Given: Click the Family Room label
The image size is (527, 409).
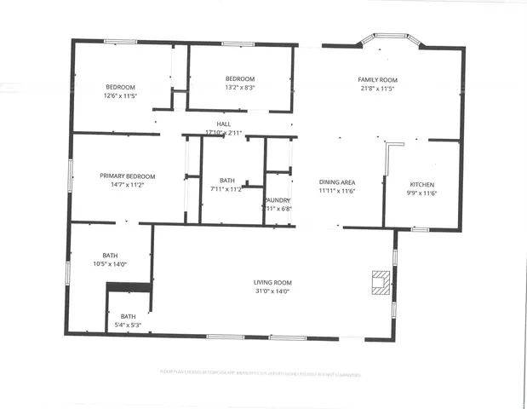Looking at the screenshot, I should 377,79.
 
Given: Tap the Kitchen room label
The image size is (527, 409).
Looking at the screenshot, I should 422,185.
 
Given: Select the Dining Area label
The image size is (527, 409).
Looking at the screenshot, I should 337,182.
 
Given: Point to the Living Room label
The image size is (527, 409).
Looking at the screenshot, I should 272,282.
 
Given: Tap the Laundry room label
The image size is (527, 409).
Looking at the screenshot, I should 278,200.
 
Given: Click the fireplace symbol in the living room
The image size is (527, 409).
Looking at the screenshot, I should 381,281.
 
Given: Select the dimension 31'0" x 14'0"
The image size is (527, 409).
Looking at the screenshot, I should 272,291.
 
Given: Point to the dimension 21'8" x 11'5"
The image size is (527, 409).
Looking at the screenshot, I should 377,88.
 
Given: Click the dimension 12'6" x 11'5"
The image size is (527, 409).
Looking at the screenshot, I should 120,95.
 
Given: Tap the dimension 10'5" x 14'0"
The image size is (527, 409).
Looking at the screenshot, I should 110,264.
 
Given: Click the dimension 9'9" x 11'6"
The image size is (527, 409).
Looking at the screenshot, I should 422,193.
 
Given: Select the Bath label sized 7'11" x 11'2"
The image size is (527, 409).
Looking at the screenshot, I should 226,180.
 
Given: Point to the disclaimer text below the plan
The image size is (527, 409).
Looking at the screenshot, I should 260,373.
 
